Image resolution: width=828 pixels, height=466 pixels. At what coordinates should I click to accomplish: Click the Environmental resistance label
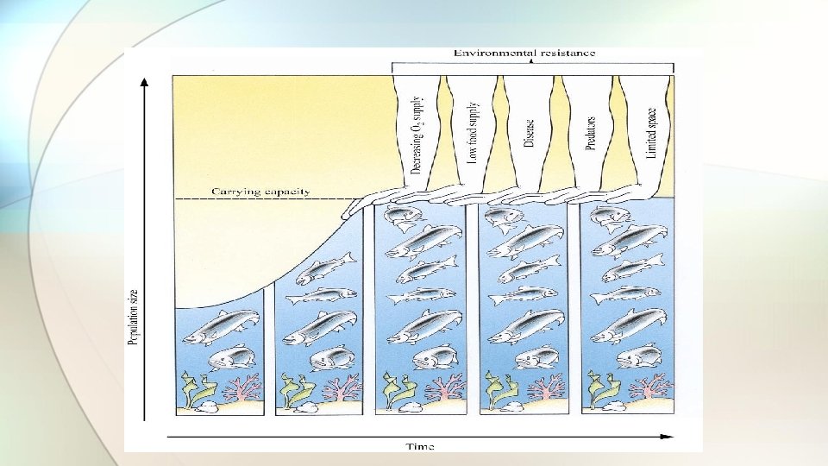[524, 53]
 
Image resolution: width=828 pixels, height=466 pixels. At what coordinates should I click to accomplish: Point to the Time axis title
[420, 446]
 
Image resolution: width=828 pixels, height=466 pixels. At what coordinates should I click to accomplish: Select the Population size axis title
[134, 318]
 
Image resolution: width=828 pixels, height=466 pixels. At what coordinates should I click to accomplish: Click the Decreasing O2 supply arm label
[417, 136]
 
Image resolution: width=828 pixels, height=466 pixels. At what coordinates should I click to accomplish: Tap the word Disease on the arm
[529, 134]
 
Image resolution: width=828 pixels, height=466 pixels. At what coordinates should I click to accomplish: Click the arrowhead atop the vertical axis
[144, 82]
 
